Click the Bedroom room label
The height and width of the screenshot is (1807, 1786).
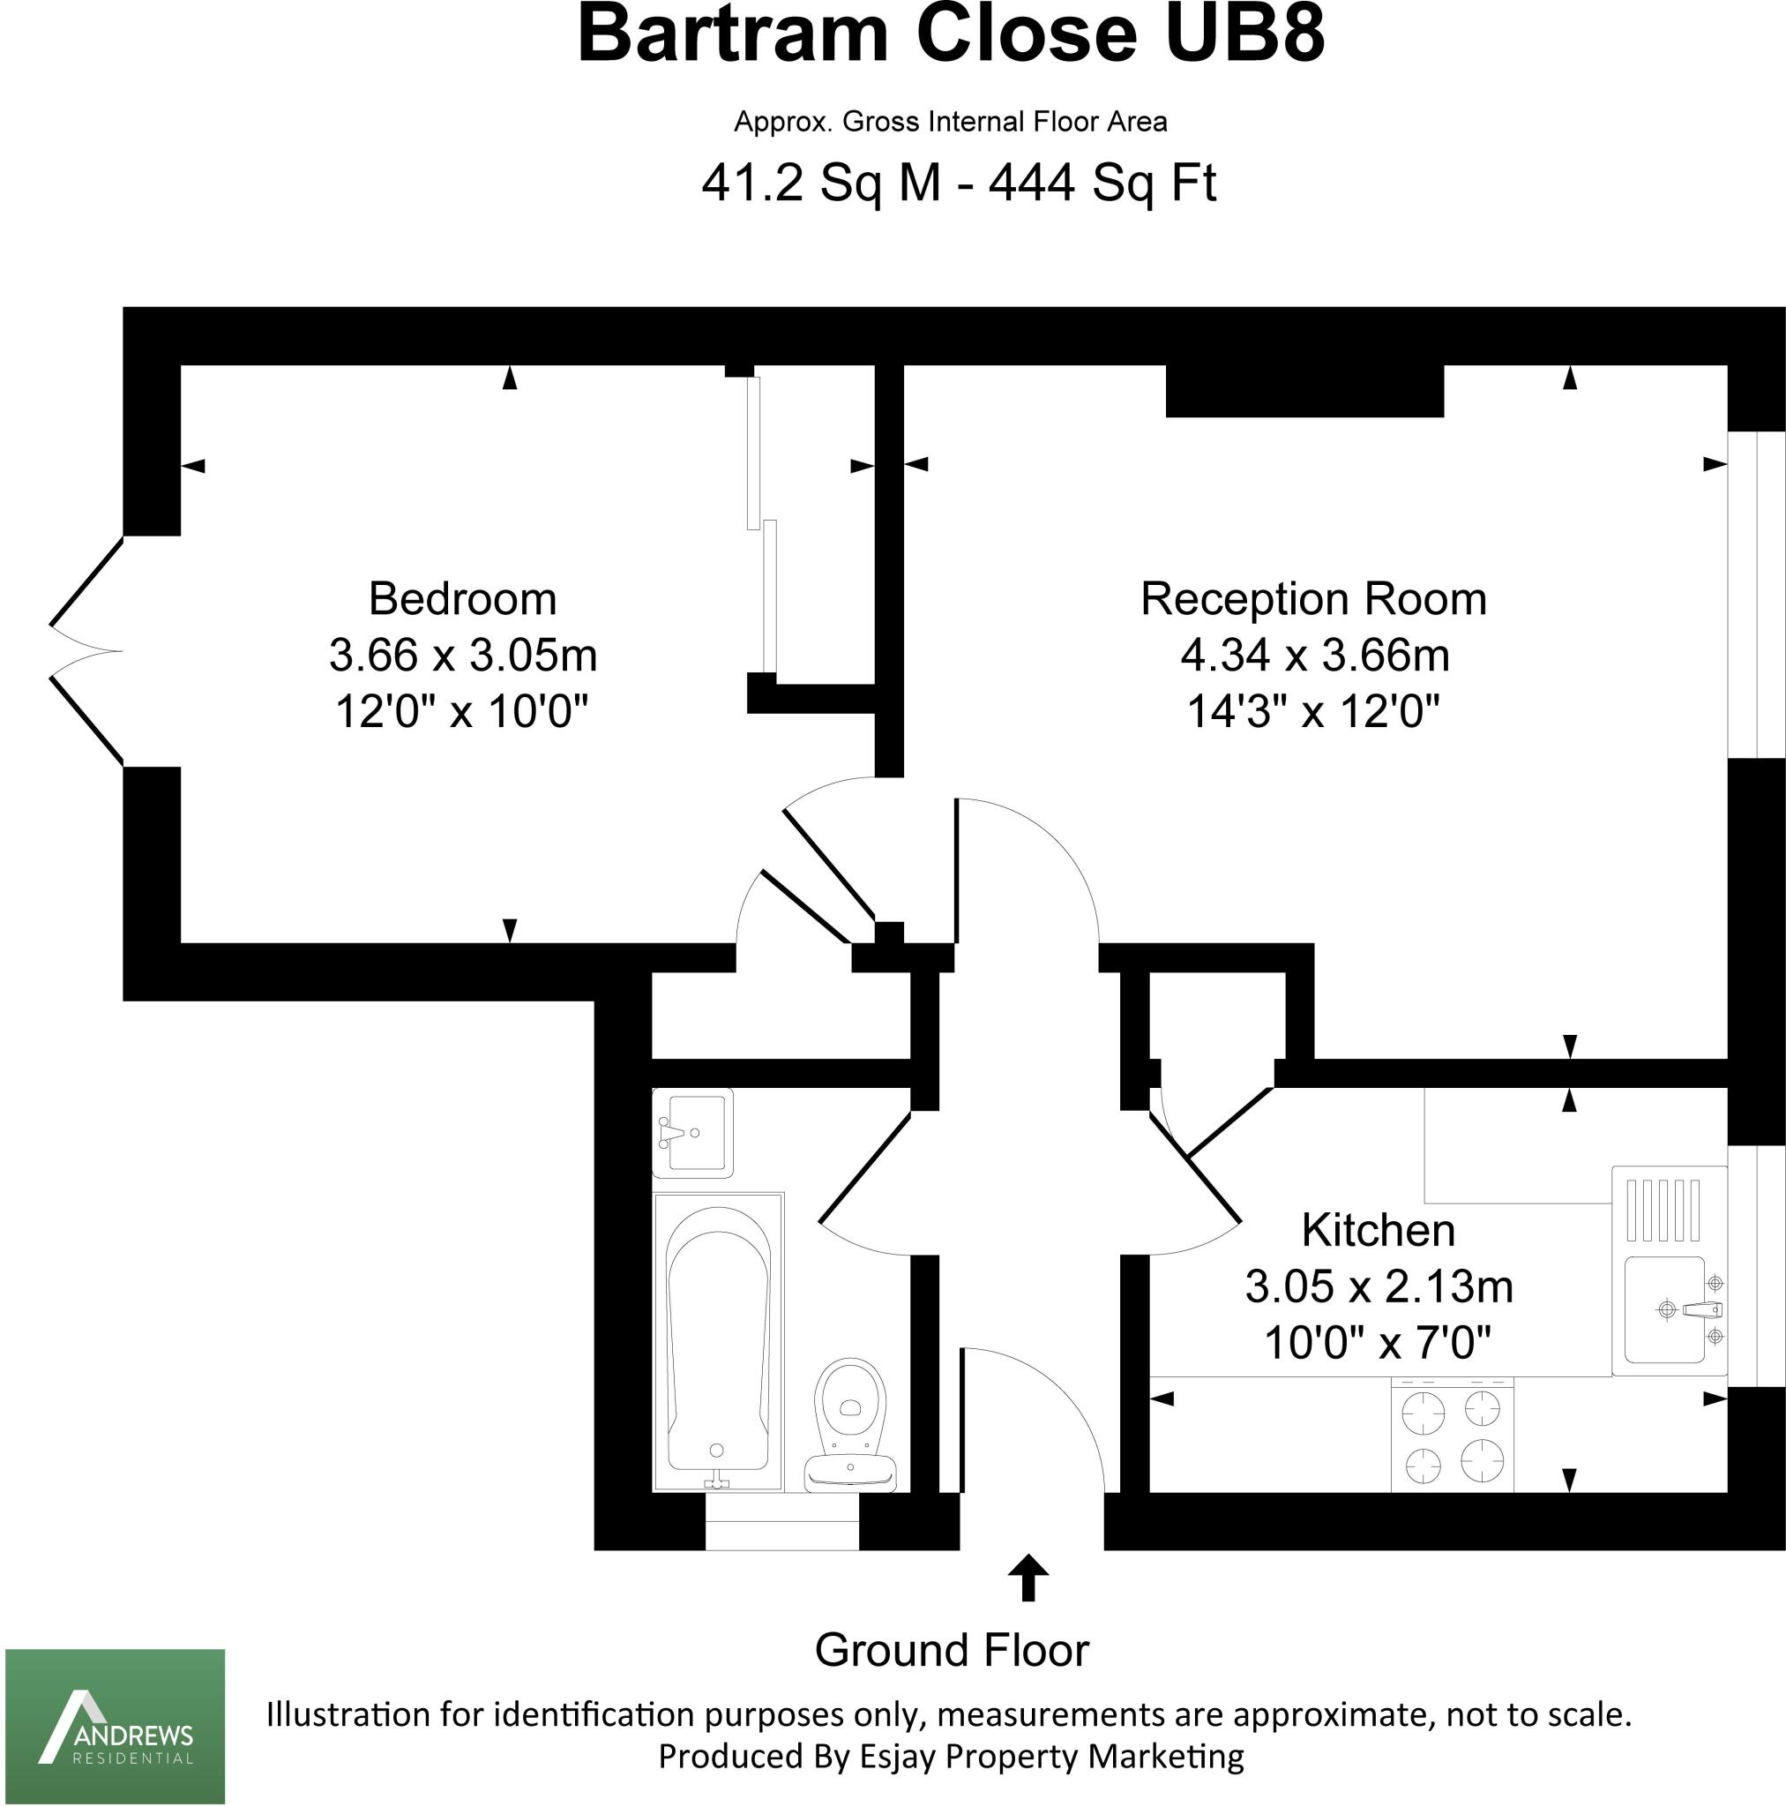tap(462, 599)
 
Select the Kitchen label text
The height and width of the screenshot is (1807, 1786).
tap(1378, 1231)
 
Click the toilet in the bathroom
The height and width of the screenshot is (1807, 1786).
tap(850, 1421)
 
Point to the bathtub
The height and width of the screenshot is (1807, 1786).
tap(718, 1342)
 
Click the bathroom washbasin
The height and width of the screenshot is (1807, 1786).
tap(692, 1133)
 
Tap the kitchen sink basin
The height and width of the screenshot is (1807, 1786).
tap(1664, 1309)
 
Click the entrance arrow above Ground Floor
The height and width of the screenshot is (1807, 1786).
tap(1028, 1578)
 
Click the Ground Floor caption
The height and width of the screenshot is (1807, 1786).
tap(951, 1650)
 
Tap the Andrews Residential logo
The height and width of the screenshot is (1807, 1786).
tap(115, 1726)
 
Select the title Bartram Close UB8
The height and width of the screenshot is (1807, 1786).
tap(951, 35)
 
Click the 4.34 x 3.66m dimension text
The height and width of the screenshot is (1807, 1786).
tap(1314, 656)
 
